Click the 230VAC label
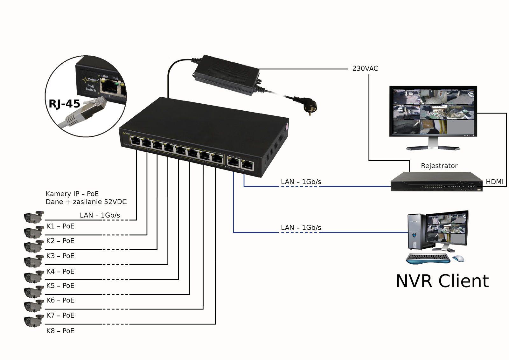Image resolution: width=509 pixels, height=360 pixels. (365, 68)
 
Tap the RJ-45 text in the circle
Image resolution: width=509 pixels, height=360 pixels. (64, 104)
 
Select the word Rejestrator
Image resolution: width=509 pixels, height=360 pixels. (439, 166)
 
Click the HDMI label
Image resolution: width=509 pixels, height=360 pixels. (495, 182)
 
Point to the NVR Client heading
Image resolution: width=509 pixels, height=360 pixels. (442, 281)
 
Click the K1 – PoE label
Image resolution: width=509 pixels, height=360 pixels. (60, 226)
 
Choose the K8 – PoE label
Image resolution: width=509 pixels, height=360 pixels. (60, 331)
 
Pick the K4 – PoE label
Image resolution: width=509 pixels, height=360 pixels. (60, 271)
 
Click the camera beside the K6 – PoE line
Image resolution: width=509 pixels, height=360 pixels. (34, 292)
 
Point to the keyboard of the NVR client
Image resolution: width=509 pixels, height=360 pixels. (428, 258)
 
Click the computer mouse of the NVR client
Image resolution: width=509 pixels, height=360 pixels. (458, 258)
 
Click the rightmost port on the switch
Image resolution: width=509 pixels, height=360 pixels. (247, 165)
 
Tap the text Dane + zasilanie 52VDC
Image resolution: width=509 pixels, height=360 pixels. (86, 202)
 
